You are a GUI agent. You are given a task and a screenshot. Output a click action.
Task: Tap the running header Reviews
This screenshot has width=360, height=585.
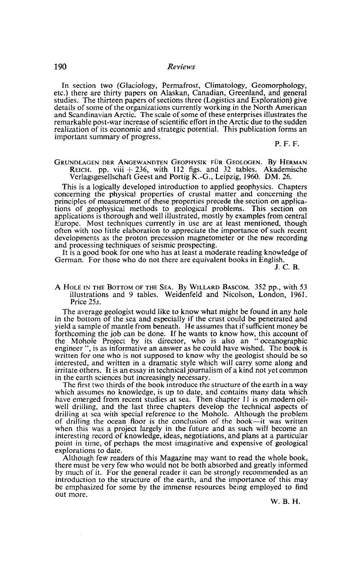coord(181,67)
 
